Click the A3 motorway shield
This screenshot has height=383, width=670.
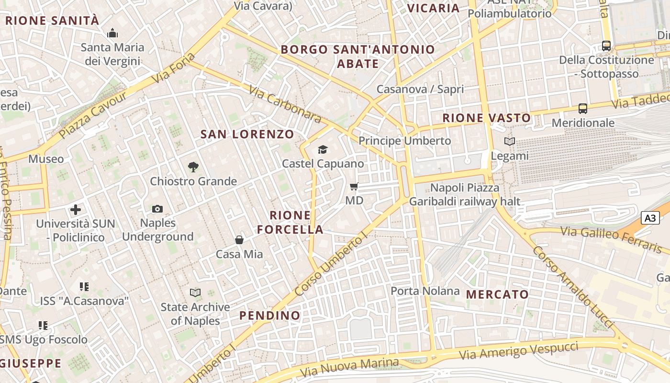(x=650, y=218)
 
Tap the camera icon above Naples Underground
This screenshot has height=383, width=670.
(x=157, y=209)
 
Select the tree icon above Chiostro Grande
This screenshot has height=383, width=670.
(x=193, y=167)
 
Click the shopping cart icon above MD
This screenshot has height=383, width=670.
(x=354, y=186)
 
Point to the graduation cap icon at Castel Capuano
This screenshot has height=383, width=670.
(x=323, y=150)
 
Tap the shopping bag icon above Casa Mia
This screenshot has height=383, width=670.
(x=239, y=240)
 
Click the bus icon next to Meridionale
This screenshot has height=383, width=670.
(x=583, y=109)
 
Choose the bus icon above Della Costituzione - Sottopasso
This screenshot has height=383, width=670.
(x=606, y=46)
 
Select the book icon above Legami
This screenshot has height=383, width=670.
(x=510, y=142)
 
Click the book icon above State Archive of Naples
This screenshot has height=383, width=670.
(x=195, y=293)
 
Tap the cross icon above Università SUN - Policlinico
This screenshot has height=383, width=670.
(x=76, y=210)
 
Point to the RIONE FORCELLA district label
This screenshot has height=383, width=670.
(x=290, y=222)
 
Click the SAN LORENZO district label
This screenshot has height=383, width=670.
(x=247, y=134)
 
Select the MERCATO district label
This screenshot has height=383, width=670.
(x=498, y=294)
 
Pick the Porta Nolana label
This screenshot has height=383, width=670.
(x=425, y=291)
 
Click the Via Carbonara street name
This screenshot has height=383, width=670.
(x=285, y=103)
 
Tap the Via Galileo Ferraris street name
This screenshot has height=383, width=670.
(x=611, y=238)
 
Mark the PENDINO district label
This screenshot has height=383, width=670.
(x=270, y=315)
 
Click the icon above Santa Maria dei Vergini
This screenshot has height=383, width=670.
(x=112, y=33)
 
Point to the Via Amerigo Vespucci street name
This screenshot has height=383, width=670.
(x=518, y=351)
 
